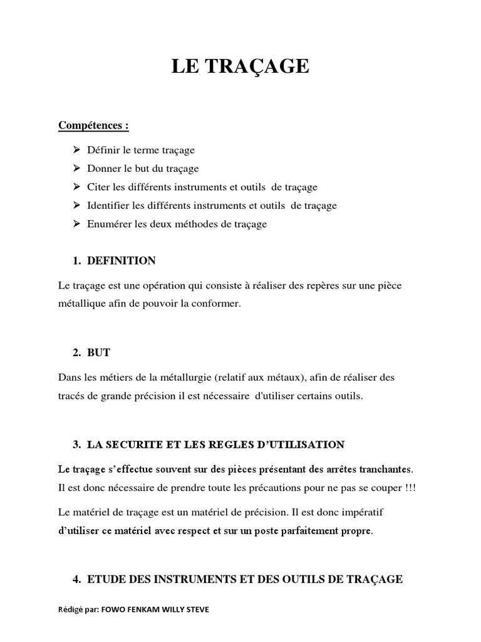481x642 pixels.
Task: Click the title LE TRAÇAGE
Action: (x=240, y=67)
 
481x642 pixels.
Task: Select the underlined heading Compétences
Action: (x=93, y=125)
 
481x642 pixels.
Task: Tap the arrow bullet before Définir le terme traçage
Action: (x=76, y=150)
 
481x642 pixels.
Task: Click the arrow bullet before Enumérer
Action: (x=76, y=224)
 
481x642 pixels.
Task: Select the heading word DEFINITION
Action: (x=122, y=260)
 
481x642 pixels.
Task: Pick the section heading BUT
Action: (x=97, y=353)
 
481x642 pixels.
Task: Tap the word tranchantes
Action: (x=385, y=469)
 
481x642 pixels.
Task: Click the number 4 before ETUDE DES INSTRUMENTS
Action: (x=76, y=579)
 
